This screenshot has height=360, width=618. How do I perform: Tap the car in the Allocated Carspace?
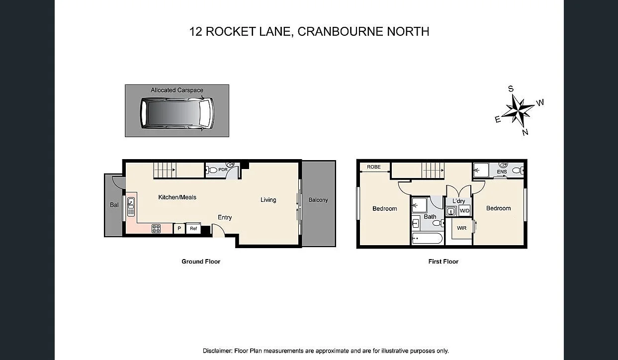177,113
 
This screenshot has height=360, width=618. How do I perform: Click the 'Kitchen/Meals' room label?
177,197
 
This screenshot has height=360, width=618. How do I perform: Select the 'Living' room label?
268,200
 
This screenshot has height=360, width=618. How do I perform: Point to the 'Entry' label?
225,217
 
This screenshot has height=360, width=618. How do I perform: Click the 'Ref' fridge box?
193,229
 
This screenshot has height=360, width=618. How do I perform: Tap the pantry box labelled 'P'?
179,229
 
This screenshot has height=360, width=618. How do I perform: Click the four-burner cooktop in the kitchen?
156,228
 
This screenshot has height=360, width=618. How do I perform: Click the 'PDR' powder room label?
223,170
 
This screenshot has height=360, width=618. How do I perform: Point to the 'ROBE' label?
374,167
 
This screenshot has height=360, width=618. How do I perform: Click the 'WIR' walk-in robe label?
462,228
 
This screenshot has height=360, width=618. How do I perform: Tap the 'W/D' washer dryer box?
464,211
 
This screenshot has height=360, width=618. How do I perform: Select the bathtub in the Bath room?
427,239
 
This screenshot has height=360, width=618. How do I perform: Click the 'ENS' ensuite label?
502,172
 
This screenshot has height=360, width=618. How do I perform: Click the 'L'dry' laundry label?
458,201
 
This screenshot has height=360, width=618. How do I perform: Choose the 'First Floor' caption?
443,262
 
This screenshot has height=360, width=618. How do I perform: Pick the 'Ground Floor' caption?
200,262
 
